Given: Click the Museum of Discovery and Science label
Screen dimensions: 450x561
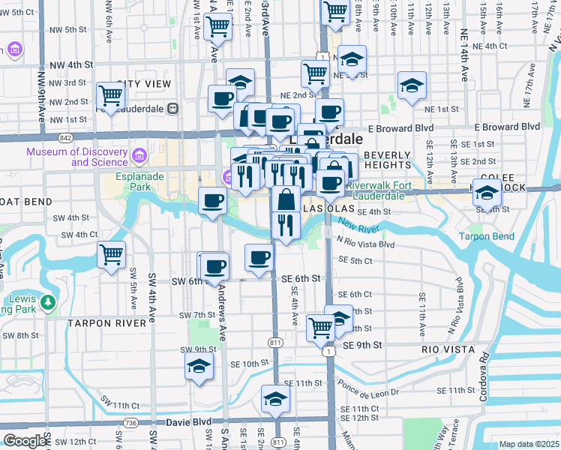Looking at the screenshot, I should (x=76, y=156).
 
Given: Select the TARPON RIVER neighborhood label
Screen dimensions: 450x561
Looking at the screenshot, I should (x=106, y=322).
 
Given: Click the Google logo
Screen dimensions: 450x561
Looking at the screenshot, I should (x=25, y=441).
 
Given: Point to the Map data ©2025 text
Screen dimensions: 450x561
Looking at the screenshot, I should (x=529, y=444).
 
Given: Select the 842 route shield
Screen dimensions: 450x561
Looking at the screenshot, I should (x=65, y=138).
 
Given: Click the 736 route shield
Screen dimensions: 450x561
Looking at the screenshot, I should (x=132, y=423).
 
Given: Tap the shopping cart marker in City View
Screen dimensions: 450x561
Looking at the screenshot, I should (x=110, y=96).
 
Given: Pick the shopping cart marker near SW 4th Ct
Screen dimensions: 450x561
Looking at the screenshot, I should (x=112, y=255).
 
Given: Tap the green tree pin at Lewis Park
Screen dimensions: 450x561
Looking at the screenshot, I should (x=48, y=302).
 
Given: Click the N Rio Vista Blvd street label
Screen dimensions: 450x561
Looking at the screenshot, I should (x=365, y=244).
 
